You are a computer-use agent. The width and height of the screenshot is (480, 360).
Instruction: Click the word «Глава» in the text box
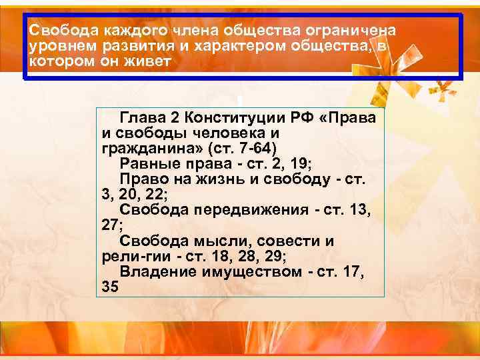pyautogui.click(x=141, y=118)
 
